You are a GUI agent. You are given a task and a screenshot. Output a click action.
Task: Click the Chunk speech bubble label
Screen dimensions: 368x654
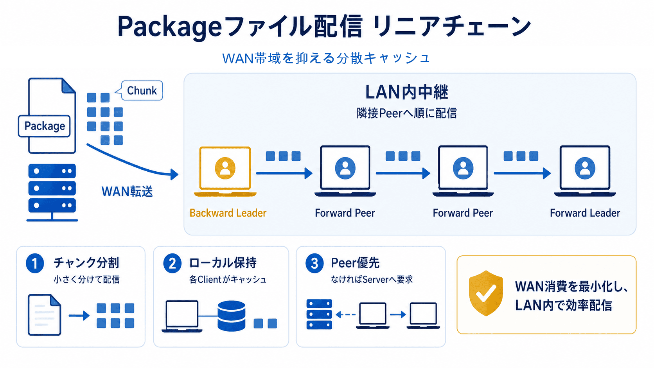point(142,91)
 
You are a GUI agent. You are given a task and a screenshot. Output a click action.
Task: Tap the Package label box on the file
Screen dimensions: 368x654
point(45,126)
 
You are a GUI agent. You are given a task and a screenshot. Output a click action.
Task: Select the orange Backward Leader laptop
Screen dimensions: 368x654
point(225,171)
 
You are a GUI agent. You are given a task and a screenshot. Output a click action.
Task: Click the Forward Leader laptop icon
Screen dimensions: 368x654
point(585,171)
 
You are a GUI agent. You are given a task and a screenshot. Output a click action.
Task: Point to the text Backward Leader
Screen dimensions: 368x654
point(228,213)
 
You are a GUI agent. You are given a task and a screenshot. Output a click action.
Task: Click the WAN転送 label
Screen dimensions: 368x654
point(127,192)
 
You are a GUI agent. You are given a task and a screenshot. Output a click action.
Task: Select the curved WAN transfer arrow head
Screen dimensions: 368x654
point(174,174)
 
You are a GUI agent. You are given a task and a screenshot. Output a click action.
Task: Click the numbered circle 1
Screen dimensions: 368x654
point(35,263)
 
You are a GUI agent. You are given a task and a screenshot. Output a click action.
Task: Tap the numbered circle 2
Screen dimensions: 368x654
point(172,263)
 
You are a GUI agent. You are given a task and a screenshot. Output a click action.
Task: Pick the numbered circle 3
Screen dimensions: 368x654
point(314,263)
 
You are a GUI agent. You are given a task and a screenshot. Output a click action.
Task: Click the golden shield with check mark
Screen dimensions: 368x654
point(486,293)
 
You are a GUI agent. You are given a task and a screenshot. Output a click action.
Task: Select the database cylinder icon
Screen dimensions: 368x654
point(231,316)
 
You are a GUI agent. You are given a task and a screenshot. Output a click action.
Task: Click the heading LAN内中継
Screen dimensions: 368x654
point(406,92)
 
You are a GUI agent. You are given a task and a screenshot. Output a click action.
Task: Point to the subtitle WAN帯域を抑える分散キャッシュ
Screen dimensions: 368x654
point(326,58)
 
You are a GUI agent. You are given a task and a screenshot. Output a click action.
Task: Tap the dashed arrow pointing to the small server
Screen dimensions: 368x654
point(345,314)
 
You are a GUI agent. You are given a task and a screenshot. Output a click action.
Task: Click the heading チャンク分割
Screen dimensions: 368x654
point(86,263)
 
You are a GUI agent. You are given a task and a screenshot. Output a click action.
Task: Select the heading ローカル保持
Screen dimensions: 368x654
point(223,263)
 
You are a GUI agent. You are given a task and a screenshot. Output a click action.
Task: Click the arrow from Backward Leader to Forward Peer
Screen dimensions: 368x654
point(284,173)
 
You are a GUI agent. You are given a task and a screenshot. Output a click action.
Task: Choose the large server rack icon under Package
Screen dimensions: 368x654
point(52,189)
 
